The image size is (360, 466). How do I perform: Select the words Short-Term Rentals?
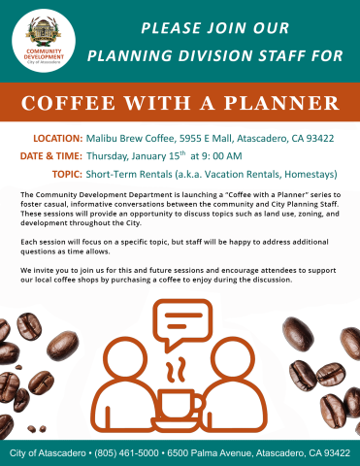pos(133,173)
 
